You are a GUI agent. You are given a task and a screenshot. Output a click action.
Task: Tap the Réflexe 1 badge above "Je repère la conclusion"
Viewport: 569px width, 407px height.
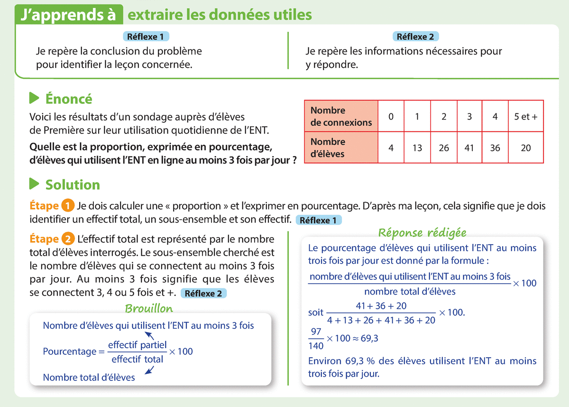(x=146, y=37)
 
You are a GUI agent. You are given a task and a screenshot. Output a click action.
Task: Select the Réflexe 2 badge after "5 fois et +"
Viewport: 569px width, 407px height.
(x=203, y=293)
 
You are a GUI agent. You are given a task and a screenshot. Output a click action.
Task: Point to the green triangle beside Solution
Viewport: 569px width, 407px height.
(x=34, y=184)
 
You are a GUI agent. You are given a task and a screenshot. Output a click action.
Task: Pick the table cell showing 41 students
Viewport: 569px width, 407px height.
(x=469, y=148)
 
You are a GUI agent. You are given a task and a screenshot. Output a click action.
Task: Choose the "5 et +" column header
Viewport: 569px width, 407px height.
(x=526, y=116)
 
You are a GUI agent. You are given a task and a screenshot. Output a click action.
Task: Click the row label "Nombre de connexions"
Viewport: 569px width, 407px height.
(x=341, y=116)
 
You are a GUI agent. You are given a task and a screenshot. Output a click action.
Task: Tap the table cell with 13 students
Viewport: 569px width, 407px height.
(x=417, y=148)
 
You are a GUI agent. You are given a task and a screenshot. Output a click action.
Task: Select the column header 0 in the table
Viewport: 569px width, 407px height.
(x=391, y=116)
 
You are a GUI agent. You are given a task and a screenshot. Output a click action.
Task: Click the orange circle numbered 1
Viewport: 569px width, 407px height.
(x=67, y=206)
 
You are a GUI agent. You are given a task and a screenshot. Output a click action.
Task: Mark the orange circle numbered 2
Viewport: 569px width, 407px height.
(x=67, y=239)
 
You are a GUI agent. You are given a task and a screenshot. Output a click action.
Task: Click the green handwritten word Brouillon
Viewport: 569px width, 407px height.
(x=149, y=309)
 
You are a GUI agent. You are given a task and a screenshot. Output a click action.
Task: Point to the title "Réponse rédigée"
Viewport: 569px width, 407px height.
(x=422, y=232)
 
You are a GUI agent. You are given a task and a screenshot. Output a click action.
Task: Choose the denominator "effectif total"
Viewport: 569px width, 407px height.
(x=138, y=359)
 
